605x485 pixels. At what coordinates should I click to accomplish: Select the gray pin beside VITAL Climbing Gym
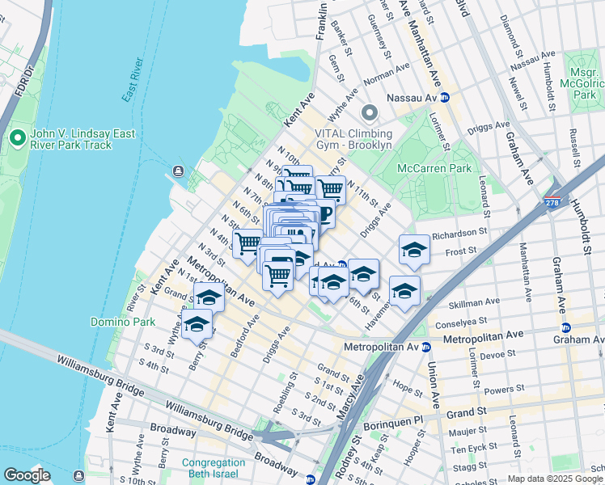[370, 113]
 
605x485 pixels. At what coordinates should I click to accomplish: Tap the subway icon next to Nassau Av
[444, 98]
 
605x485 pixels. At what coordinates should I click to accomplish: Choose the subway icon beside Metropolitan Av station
[425, 347]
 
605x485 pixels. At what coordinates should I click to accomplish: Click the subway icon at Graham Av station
[565, 327]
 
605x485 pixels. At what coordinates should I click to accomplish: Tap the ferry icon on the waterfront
[178, 171]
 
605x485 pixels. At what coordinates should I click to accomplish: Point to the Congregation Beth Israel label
[213, 469]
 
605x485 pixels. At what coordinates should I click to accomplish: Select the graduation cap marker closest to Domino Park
[197, 323]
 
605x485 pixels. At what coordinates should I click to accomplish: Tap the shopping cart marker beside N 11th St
[330, 189]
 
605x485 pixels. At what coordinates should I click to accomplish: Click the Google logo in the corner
[27, 475]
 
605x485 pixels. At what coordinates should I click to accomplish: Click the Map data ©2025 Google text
[555, 479]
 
